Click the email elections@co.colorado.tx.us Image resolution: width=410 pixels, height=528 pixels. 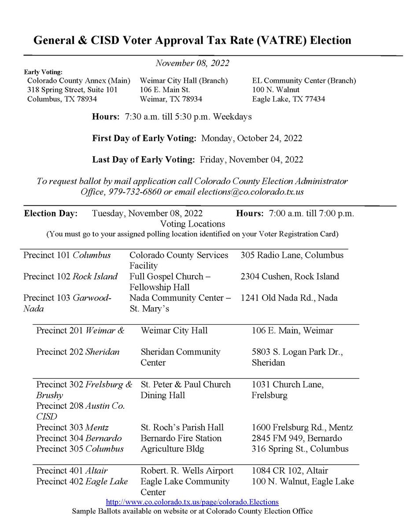(251, 192)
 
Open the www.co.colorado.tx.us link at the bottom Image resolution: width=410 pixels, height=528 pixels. (192, 502)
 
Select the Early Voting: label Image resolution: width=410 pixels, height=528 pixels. (43, 72)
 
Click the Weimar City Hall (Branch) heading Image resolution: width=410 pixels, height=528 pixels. (184, 81)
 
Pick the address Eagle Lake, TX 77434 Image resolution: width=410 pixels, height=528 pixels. (288, 99)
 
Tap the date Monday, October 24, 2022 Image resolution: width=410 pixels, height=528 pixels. (252, 138)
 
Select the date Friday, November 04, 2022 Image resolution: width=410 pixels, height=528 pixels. (251, 159)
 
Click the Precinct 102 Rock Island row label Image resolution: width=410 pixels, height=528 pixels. (70, 276)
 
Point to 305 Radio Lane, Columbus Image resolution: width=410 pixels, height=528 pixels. (292, 255)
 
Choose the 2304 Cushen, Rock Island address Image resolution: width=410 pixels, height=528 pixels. (290, 276)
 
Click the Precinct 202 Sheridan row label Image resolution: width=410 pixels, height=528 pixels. (78, 352)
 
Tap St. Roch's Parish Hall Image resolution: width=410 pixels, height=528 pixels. (182, 427)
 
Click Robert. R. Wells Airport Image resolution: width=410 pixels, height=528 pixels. (187, 470)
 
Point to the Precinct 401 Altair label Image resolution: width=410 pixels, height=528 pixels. (72, 470)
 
